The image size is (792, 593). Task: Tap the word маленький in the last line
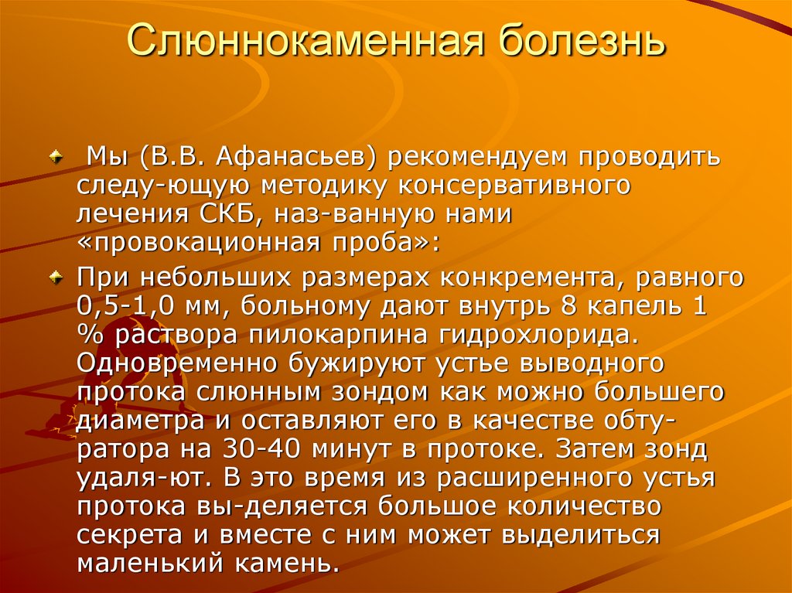(x=152, y=564)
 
